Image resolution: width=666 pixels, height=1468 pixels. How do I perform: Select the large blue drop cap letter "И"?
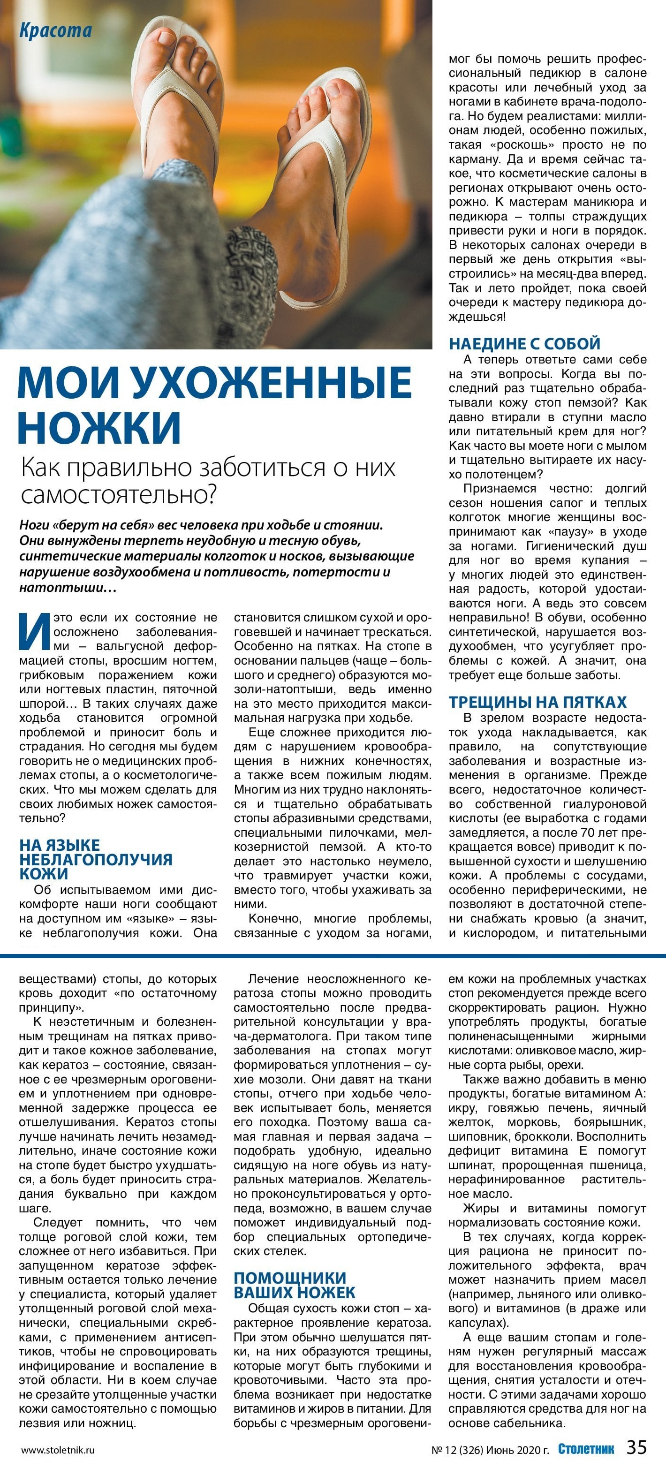coord(33,631)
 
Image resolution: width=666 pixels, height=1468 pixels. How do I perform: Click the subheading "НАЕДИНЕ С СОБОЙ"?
coord(524,344)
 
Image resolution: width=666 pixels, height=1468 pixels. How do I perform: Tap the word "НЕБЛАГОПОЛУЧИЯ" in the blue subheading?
coord(95,859)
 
